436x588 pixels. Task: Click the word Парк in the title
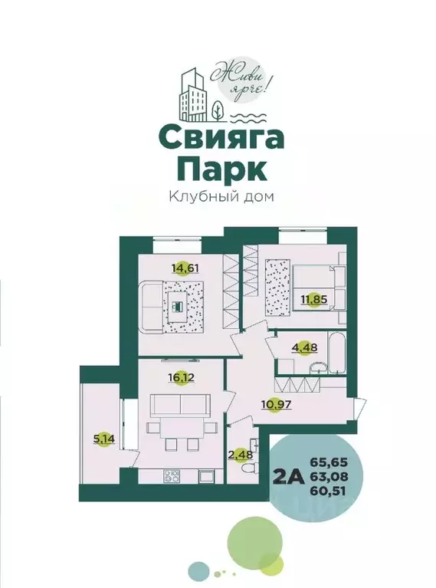pos(218,168)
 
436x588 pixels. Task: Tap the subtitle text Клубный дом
pos(221,195)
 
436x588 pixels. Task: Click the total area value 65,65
pos(324,462)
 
